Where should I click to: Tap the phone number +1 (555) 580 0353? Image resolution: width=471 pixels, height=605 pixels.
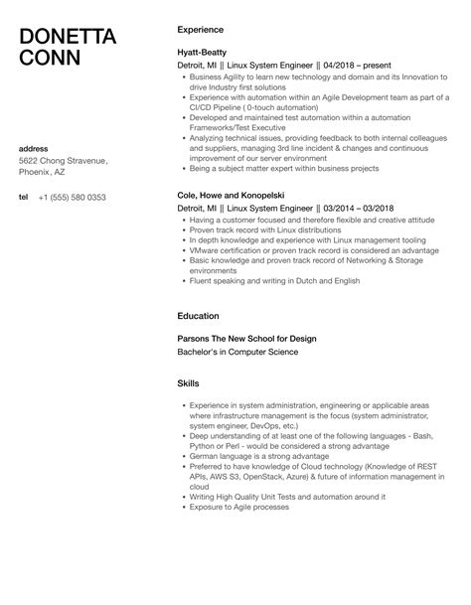73,198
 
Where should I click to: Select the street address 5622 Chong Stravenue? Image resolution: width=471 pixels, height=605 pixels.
65,161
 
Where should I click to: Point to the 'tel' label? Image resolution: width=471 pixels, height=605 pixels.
23,198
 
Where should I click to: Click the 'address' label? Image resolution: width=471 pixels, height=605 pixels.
34,148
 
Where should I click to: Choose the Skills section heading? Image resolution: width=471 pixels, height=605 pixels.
188,382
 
